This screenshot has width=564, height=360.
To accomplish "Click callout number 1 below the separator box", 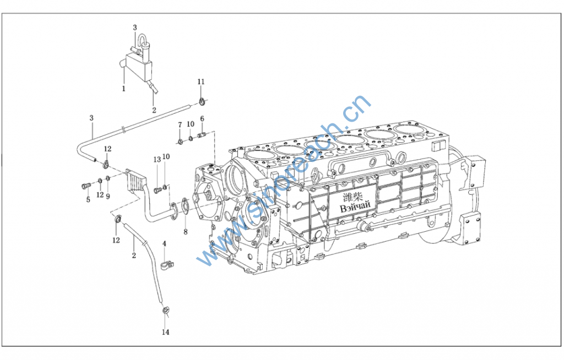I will [x=124, y=88].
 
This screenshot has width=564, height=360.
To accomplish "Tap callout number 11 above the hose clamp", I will [x=201, y=82].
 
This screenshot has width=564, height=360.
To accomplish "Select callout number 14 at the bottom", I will [x=166, y=332].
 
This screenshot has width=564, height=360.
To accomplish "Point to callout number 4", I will [x=164, y=243].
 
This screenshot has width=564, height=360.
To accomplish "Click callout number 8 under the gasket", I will [x=185, y=232].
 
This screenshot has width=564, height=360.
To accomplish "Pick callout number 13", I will [x=157, y=159].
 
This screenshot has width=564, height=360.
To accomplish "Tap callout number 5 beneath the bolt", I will [x=88, y=200].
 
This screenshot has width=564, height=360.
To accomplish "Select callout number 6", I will [x=202, y=118].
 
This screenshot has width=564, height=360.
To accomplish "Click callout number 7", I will [x=180, y=126].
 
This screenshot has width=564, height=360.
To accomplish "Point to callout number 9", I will [x=108, y=196].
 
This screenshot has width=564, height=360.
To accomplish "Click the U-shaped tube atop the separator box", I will [x=143, y=42].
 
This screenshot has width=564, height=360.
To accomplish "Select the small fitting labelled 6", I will [x=202, y=134].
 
